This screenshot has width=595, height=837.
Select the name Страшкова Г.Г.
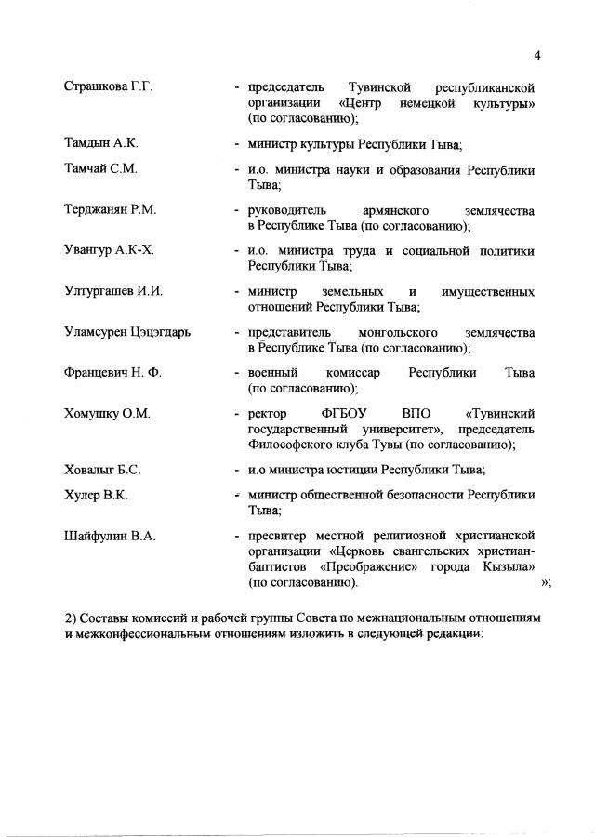[108, 86]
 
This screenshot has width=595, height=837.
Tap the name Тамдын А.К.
[100, 143]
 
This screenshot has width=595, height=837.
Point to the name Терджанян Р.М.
[110, 209]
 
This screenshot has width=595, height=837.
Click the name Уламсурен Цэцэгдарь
[126, 332]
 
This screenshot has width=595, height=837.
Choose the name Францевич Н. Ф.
[112, 373]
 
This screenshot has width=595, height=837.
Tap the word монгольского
[397, 332]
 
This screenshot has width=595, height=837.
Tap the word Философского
[290, 445]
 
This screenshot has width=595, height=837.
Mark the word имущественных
[488, 291]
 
